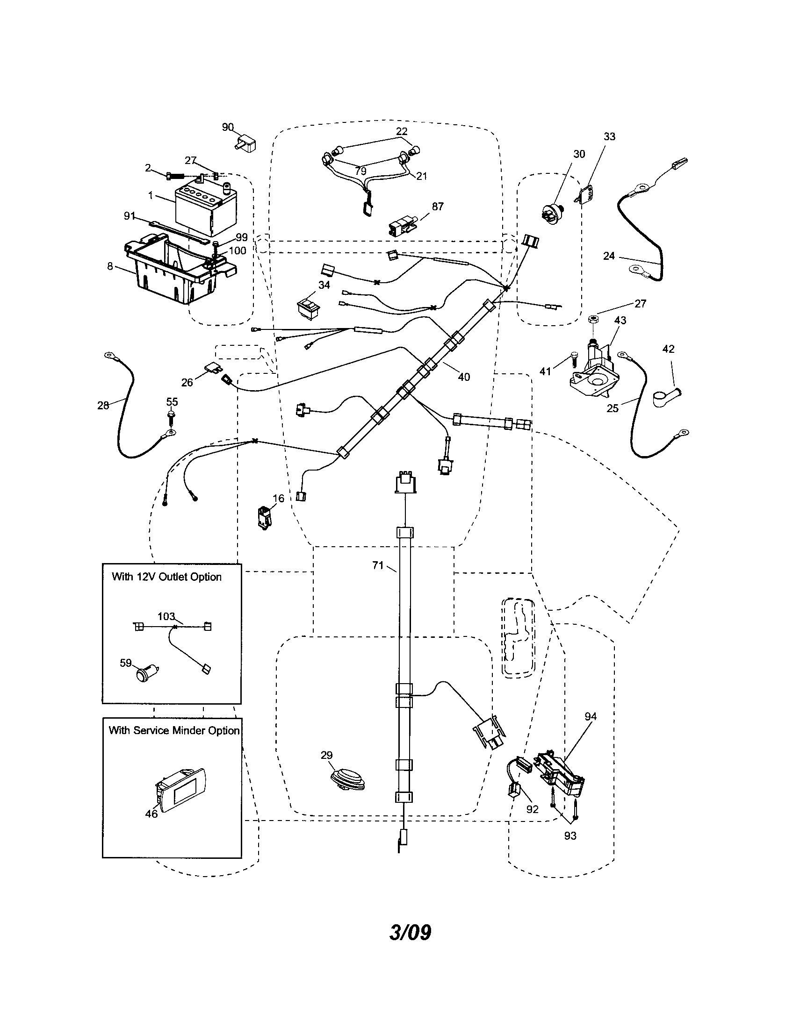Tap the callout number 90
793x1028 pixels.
(227, 127)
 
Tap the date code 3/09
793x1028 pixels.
(410, 932)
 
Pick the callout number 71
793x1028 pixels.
(378, 565)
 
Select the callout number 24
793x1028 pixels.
(609, 256)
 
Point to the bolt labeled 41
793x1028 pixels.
(574, 360)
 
